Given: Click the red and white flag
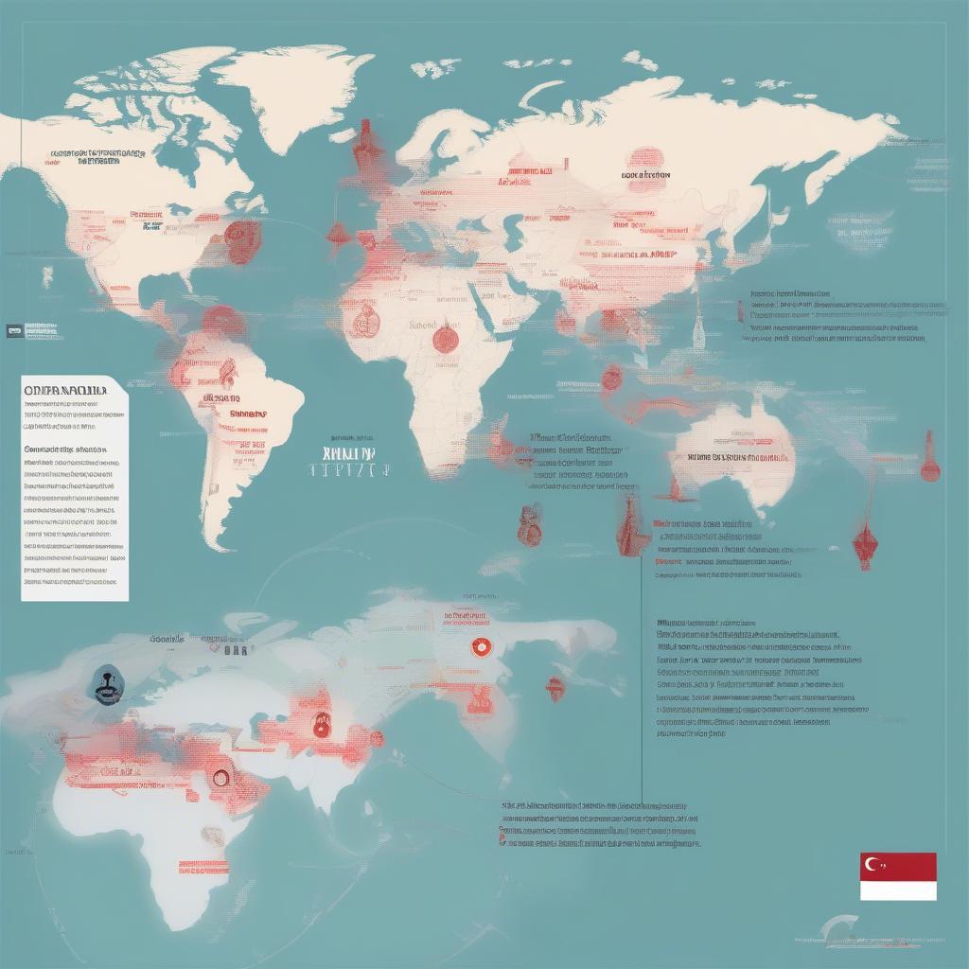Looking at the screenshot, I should click(898, 876).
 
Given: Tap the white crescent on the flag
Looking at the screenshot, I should click(872, 863).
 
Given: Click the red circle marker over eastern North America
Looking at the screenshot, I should click(242, 241).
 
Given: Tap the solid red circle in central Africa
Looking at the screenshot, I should click(446, 337).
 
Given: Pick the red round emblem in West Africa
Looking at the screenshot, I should click(362, 322).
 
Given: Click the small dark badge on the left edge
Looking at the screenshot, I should click(13, 330).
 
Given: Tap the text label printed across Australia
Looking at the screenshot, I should click(737, 457).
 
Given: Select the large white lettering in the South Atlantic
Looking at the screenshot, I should click(350, 467).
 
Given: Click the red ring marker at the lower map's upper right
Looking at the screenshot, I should click(480, 647).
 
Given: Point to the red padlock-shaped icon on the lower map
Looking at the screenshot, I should click(324, 724).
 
